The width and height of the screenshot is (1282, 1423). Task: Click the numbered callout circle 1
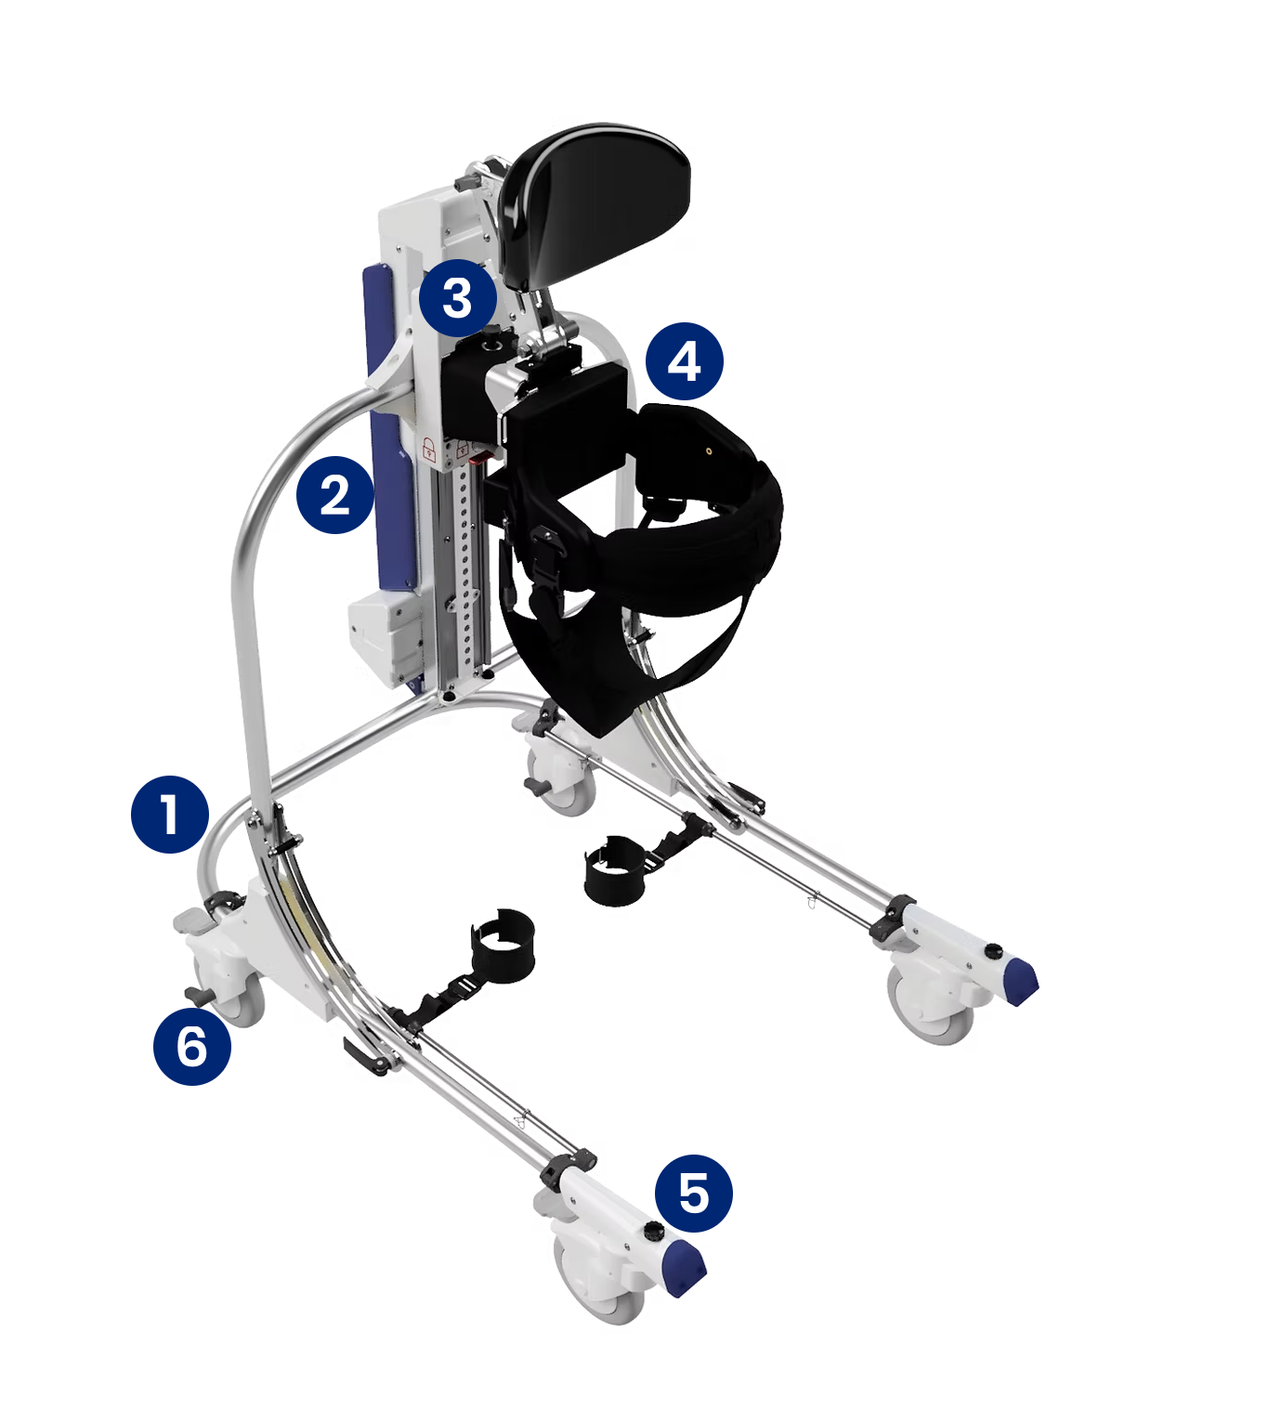click(170, 814)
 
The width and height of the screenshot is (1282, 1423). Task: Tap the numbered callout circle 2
click(334, 494)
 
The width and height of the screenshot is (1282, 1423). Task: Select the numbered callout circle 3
click(458, 298)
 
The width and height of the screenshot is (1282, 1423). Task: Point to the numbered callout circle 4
click(685, 361)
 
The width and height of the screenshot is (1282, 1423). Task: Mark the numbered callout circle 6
click(192, 1046)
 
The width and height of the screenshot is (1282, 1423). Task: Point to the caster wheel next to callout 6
click(234, 992)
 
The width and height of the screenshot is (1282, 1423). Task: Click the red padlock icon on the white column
click(428, 450)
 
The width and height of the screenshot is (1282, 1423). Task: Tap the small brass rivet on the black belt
click(709, 450)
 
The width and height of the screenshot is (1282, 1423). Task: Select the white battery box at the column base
click(386, 637)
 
